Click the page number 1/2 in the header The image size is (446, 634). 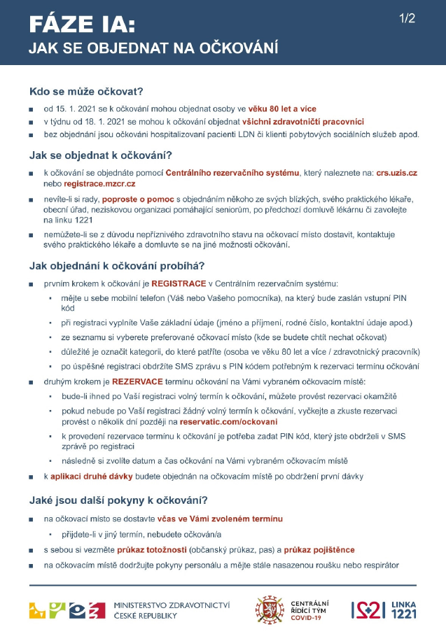(x=407, y=19)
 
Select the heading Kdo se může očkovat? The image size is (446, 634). (x=86, y=92)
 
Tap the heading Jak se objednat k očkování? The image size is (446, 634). (x=101, y=155)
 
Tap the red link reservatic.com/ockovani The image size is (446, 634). (x=228, y=422)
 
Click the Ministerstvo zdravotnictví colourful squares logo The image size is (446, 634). (x=67, y=610)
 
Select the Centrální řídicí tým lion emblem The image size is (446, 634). (x=268, y=610)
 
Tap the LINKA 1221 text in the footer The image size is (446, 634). (x=404, y=610)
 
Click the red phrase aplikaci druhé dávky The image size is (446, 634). (x=95, y=477)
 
